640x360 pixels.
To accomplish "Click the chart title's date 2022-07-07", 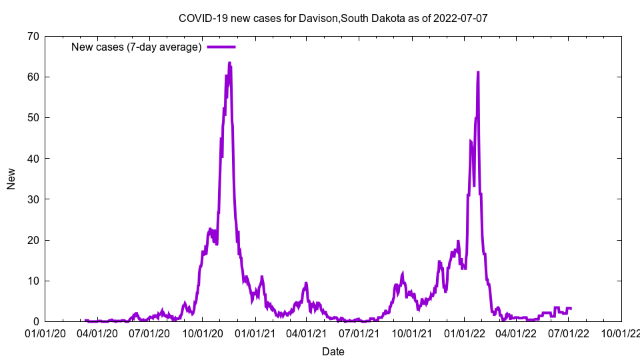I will (x=460, y=18).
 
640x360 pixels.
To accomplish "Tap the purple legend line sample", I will (x=221, y=47).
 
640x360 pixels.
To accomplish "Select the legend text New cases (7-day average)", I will (x=137, y=47).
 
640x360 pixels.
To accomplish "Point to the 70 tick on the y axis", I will (x=33, y=36).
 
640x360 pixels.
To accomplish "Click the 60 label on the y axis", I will (x=33, y=77).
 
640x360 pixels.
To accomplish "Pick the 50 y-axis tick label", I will (x=33, y=117).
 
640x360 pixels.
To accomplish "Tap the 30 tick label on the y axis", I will (x=33, y=199).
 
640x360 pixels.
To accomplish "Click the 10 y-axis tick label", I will (x=33, y=281).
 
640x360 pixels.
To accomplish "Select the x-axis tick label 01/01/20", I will (x=45, y=333).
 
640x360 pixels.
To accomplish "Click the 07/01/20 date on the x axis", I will (x=149, y=333).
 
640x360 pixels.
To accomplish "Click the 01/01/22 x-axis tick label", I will (x=465, y=333).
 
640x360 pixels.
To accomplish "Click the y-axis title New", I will (x=11, y=179).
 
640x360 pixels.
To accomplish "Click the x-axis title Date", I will (x=333, y=351).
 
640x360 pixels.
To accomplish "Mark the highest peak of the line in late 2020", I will (x=229, y=63).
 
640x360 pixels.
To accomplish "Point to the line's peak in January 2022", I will (x=478, y=72).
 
